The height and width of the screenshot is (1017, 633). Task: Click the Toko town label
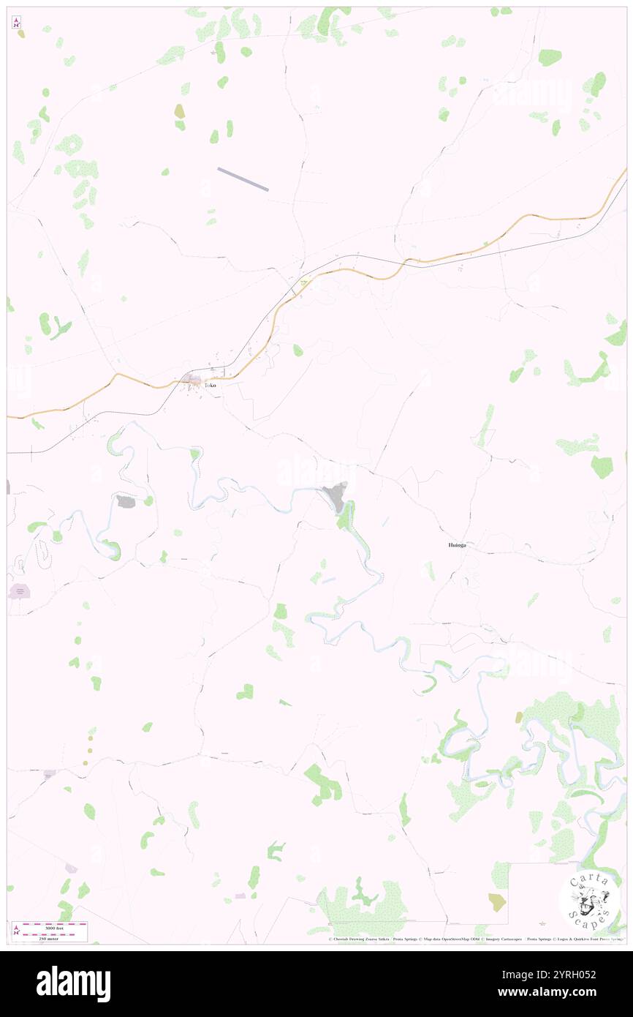pyautogui.click(x=210, y=385)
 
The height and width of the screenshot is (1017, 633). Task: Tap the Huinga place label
pyautogui.click(x=457, y=545)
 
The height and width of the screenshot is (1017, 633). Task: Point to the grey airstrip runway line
pyautogui.click(x=243, y=179)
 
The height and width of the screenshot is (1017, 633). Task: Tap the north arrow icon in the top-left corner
pyautogui.click(x=16, y=23)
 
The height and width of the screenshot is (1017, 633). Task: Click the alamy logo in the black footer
pyautogui.click(x=73, y=983)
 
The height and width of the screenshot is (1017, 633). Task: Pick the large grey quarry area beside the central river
pyautogui.click(x=336, y=498)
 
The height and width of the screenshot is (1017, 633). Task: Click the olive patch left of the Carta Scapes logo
pyautogui.click(x=496, y=901)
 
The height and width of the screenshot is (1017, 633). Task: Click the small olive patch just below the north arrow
pyautogui.click(x=21, y=34)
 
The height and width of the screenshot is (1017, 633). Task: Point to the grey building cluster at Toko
pyautogui.click(x=194, y=380)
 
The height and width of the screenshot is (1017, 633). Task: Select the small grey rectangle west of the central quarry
pyautogui.click(x=125, y=501)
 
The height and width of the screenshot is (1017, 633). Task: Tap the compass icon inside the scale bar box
pyautogui.click(x=16, y=931)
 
